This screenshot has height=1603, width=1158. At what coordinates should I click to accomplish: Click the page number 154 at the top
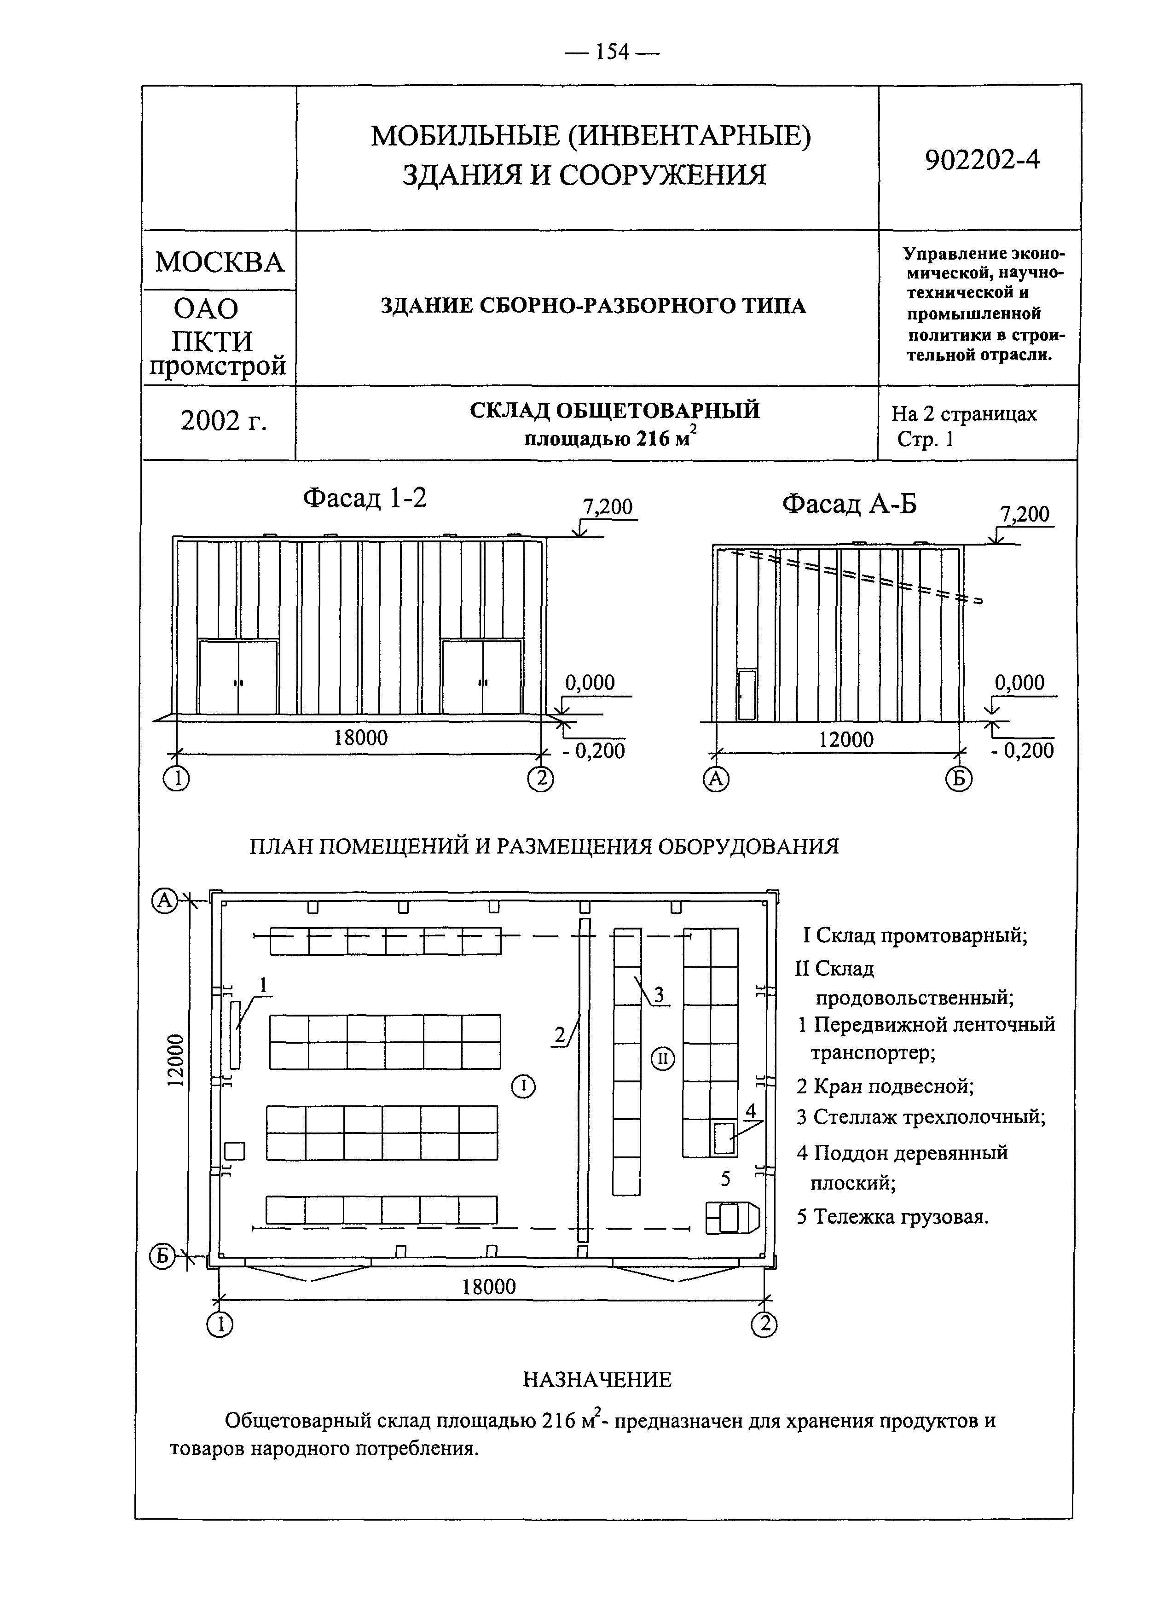[612, 52]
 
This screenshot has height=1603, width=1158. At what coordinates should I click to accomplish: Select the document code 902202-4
[982, 160]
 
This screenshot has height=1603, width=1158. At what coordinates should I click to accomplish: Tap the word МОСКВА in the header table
[219, 262]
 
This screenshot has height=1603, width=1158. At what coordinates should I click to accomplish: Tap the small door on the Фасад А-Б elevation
[746, 695]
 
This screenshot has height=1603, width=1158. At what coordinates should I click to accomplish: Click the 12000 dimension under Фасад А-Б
[845, 740]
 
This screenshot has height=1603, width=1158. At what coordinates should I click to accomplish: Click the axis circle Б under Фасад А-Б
[959, 779]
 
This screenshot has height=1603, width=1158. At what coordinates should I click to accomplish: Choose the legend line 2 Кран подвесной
[885, 1086]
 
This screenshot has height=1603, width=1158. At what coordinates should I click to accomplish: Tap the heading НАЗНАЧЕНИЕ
[597, 1379]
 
